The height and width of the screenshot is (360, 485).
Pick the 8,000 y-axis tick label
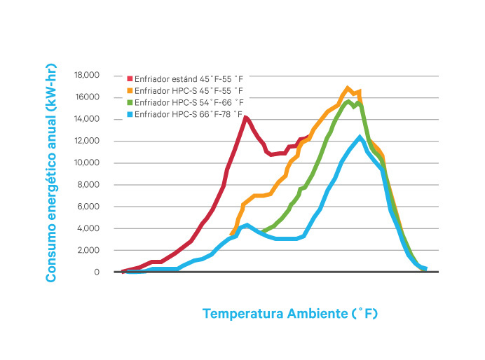coord(88,185)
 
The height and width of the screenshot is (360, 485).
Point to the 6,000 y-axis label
coord(88,207)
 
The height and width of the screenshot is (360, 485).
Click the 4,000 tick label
coord(88,228)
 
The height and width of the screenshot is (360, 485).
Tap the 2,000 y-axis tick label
coord(88,250)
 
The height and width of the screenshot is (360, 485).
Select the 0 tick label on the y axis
coord(97,272)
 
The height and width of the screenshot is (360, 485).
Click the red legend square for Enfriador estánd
coord(130,79)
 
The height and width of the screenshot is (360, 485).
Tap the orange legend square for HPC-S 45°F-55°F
coord(130,91)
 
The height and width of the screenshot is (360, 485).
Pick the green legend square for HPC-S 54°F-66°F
coord(130,102)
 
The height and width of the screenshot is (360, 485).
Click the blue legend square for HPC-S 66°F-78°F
coord(130,113)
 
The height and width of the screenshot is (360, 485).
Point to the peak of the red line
coord(245,117)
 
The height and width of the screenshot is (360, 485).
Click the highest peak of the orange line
coord(348,88)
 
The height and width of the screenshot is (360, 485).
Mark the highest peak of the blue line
coord(360,137)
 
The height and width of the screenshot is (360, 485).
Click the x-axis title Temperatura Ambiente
coord(290,313)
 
